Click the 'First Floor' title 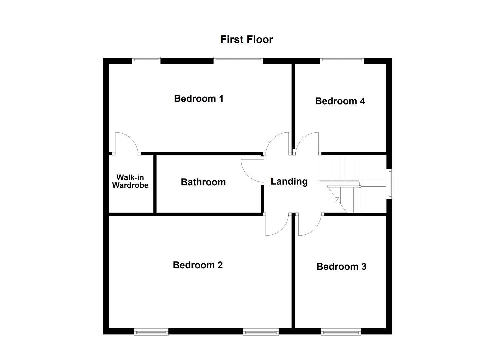click(x=246, y=39)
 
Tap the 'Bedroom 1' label click(x=199, y=99)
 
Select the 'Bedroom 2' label click(x=198, y=265)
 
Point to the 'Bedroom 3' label click(x=341, y=267)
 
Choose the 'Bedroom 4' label click(x=340, y=101)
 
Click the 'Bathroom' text click(x=203, y=182)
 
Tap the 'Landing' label click(x=289, y=181)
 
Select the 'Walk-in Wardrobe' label click(x=130, y=181)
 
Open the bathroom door click(x=252, y=170)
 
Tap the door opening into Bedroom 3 click(x=309, y=225)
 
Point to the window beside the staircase click(x=389, y=184)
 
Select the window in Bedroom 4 click(x=342, y=60)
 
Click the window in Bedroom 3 click(x=341, y=331)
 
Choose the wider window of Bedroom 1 click(x=238, y=60)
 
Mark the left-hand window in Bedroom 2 click(x=151, y=331)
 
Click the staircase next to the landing click(x=340, y=183)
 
